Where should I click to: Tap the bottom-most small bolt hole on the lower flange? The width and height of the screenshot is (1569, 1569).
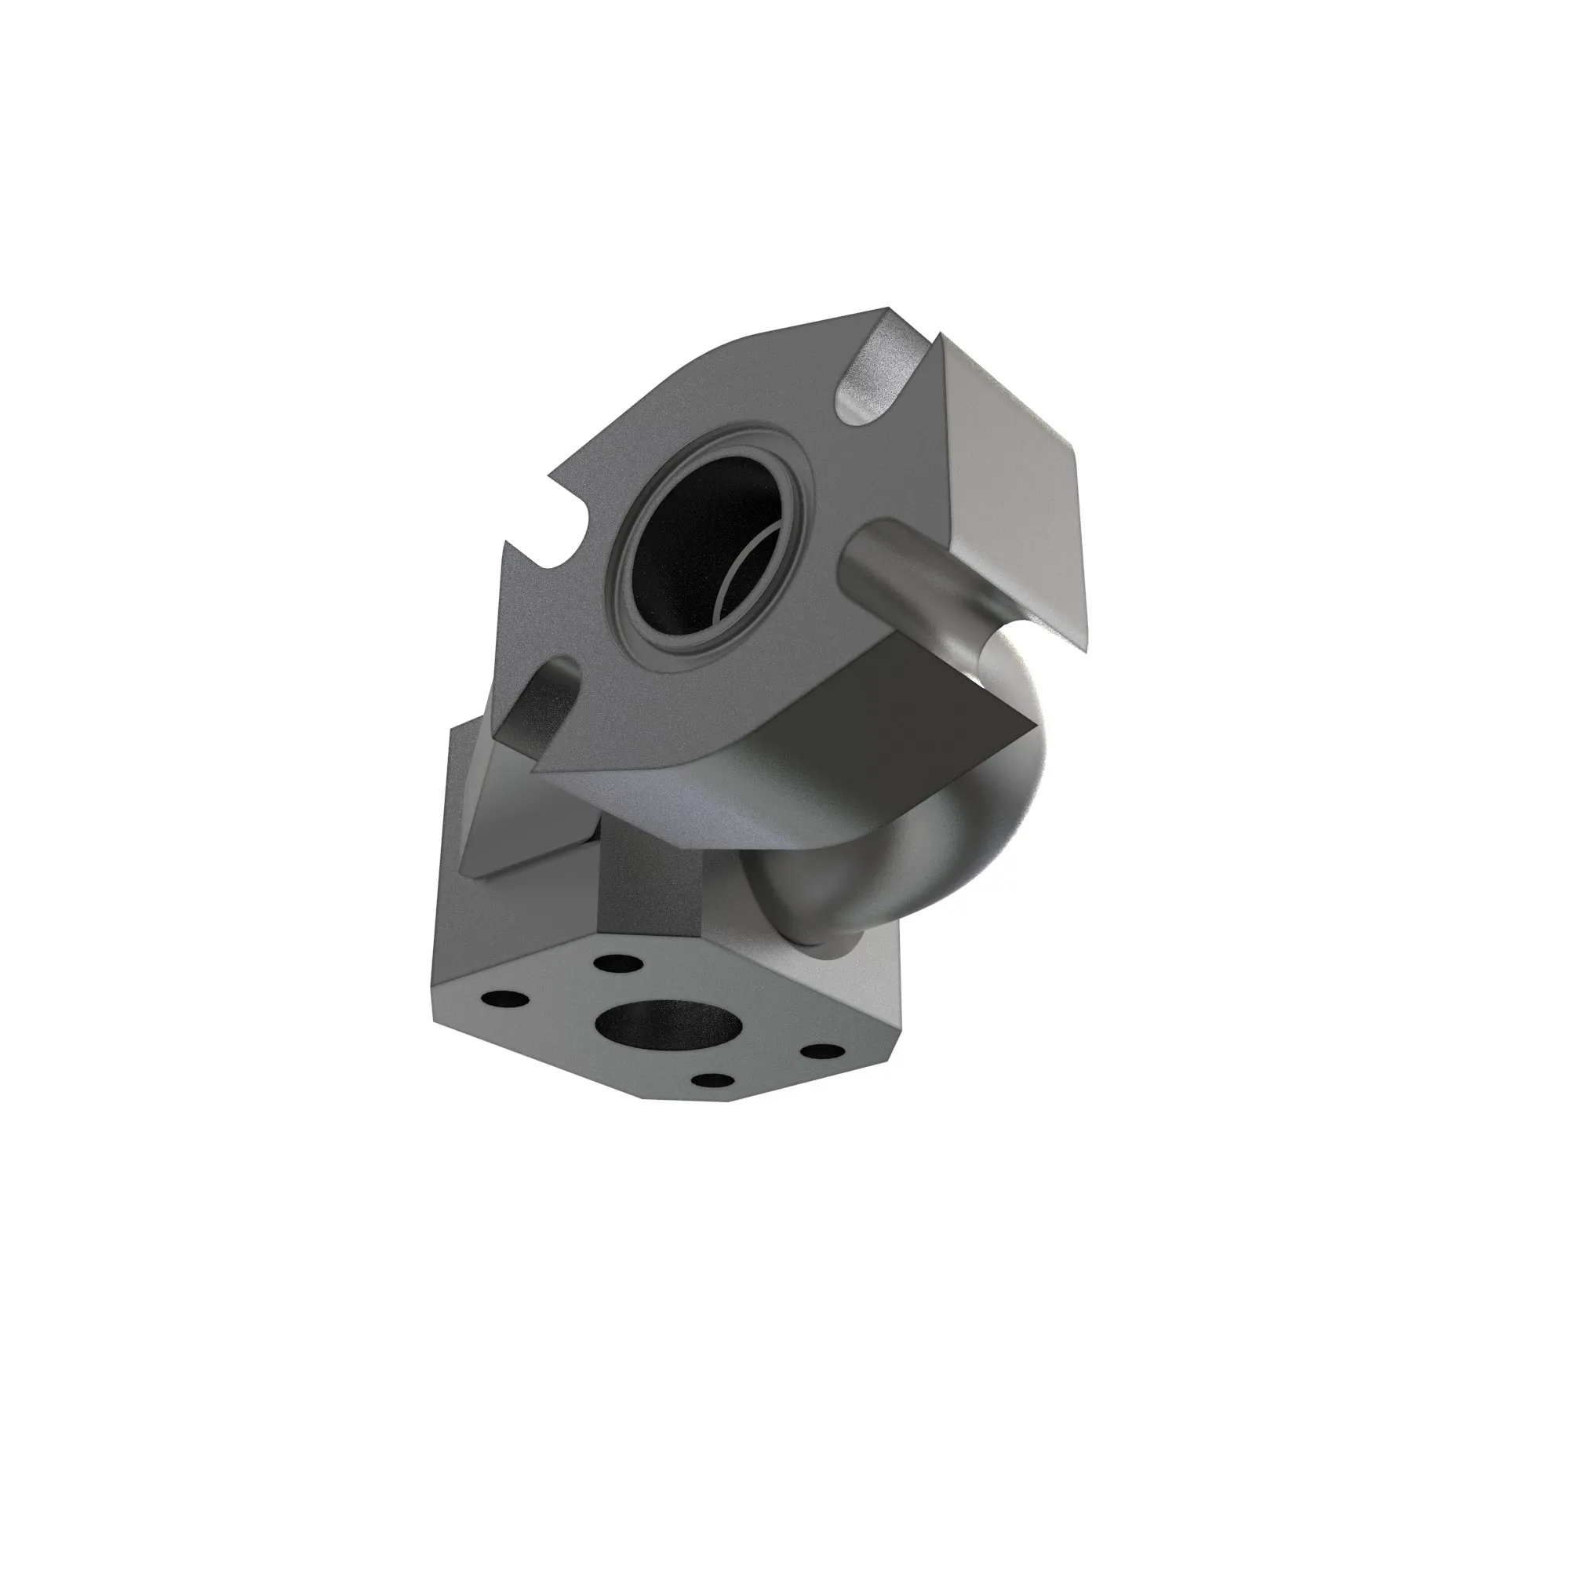(714, 1081)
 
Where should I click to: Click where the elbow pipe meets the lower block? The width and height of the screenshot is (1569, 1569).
(821, 942)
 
